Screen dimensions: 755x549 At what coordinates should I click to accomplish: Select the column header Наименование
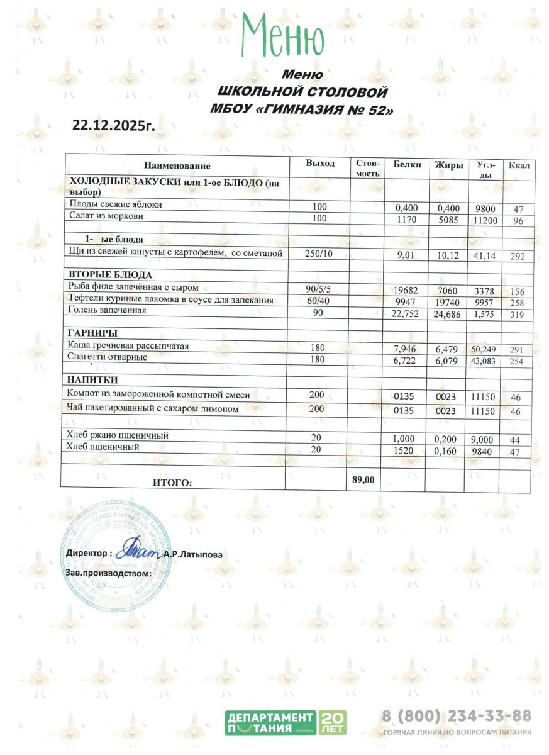tap(177, 166)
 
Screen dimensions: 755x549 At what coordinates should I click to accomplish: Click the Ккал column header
tap(519, 165)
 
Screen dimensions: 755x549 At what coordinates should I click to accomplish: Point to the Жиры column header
tap(449, 165)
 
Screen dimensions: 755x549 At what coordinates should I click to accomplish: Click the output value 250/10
tap(319, 253)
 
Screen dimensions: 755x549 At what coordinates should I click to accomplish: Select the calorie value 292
tap(518, 257)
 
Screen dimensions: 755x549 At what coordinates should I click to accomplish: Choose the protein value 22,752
tap(404, 314)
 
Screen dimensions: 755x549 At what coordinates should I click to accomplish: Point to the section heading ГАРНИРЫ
tap(94, 333)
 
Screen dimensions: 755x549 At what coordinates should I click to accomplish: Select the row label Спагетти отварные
tap(108, 357)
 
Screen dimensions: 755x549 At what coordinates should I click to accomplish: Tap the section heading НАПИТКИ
tap(93, 380)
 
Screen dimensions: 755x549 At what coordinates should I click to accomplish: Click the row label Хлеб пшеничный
tap(103, 447)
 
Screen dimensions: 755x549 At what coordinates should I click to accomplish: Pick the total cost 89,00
tap(363, 479)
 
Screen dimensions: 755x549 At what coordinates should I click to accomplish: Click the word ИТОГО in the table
tap(172, 483)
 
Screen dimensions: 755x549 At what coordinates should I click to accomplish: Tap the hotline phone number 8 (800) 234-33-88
tap(457, 716)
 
